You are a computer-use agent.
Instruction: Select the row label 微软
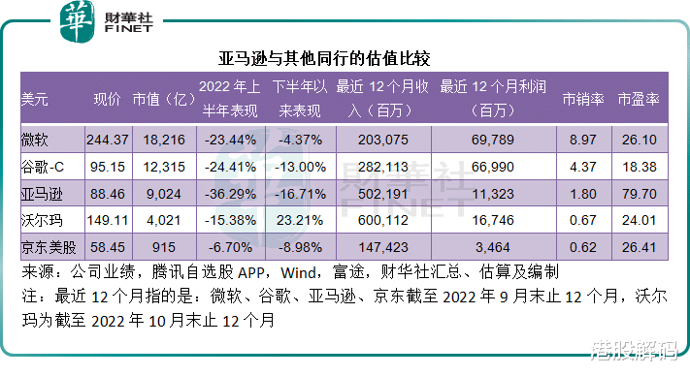(x=34, y=141)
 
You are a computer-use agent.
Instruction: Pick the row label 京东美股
(x=48, y=248)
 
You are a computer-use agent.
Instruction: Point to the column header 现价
(x=106, y=99)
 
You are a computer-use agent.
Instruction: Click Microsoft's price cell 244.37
(x=108, y=141)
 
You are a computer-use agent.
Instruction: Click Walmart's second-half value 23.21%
(x=305, y=221)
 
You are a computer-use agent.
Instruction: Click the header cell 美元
(x=34, y=99)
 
